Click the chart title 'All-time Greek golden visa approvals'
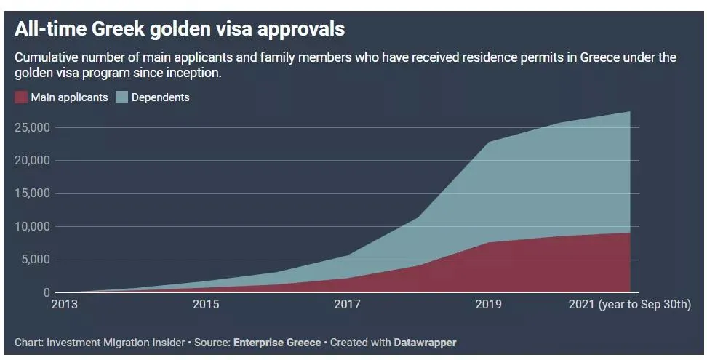point(180,30)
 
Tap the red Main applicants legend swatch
point(21,97)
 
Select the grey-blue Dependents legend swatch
point(121,97)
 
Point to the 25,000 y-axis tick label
point(32,127)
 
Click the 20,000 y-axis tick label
point(32,161)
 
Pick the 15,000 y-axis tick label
point(32,193)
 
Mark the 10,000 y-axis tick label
point(32,227)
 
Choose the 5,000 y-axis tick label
point(34,260)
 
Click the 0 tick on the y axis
point(46,293)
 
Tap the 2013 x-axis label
point(65,305)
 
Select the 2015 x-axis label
point(206,305)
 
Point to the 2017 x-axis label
point(347,305)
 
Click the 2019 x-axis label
point(487,305)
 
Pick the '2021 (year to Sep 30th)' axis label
point(628,305)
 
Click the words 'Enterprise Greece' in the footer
point(276,342)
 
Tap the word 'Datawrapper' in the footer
point(425,342)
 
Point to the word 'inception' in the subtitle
point(193,73)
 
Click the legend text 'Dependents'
point(161,97)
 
